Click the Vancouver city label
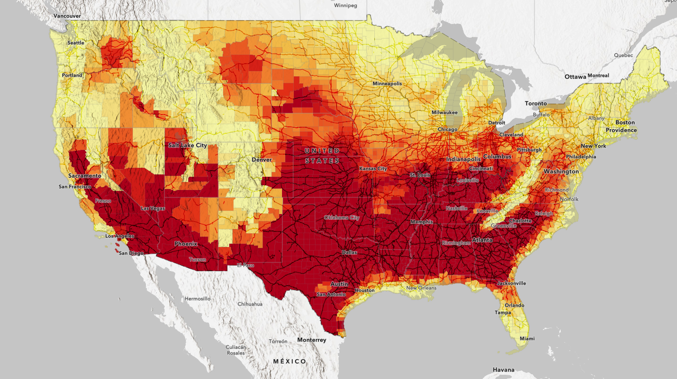click(67, 16)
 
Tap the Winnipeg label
click(346, 6)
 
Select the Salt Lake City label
click(187, 146)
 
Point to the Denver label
click(261, 160)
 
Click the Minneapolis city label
click(387, 83)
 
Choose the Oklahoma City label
click(341, 218)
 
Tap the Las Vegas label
click(153, 208)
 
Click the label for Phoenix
click(185, 244)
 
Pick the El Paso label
click(245, 265)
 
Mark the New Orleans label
click(421, 288)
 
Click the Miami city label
click(527, 339)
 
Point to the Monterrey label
click(312, 340)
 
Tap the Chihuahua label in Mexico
click(250, 304)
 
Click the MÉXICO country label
click(290, 362)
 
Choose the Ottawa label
click(575, 76)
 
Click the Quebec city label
click(624, 55)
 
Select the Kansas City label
click(373, 169)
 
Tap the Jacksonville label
click(511, 283)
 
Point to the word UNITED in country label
click(322, 151)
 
